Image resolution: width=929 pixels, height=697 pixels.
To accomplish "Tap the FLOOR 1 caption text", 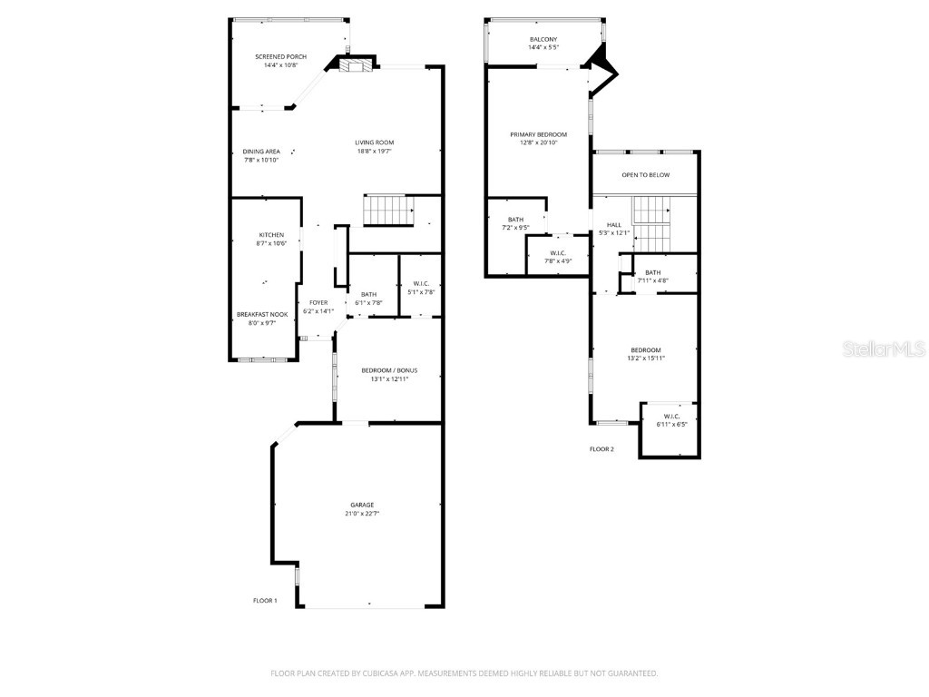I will click(265, 601).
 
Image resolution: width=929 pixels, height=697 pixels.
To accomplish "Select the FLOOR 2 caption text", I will click(601, 449).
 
